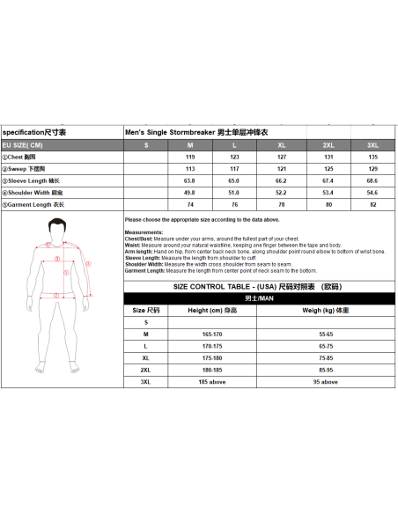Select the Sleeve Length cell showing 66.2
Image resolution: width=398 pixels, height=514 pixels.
click(x=282, y=180)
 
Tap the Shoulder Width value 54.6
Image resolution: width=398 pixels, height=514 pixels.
click(x=372, y=192)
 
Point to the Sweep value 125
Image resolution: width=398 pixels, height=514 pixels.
click(x=328, y=168)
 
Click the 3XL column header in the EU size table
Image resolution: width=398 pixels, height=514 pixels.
click(x=372, y=143)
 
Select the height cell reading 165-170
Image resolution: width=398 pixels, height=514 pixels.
click(x=213, y=335)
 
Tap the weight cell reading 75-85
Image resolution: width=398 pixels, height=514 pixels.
click(x=326, y=359)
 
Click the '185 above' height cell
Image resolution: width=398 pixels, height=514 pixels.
click(x=213, y=383)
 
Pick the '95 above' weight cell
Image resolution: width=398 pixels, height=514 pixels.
click(x=326, y=383)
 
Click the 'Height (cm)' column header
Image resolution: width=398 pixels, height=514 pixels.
click(x=213, y=311)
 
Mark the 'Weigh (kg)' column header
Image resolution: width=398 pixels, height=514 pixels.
click(x=326, y=311)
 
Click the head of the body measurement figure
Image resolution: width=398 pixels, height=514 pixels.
click(x=58, y=231)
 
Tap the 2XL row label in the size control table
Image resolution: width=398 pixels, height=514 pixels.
click(x=146, y=371)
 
